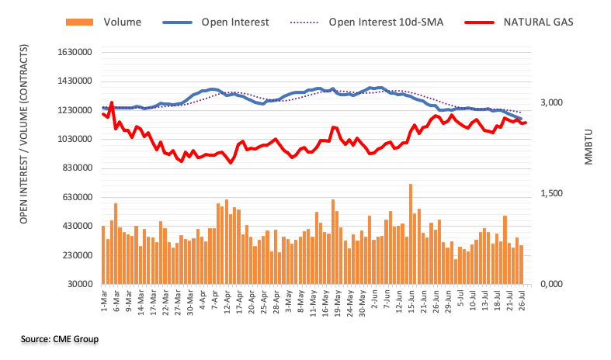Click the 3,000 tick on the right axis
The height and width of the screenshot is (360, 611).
coord(553,102)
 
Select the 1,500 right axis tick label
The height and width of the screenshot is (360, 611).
coord(553,193)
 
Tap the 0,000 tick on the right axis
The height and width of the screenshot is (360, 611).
coord(553,284)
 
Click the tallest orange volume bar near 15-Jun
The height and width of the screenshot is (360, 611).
coord(410,234)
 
